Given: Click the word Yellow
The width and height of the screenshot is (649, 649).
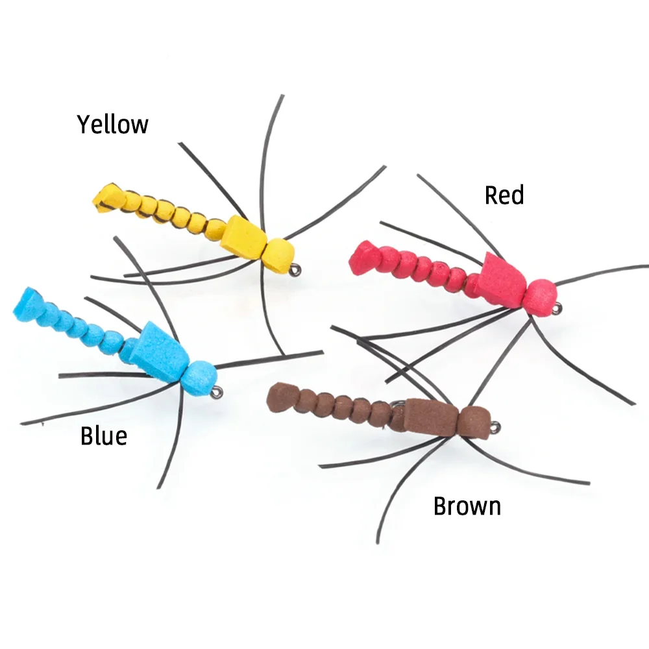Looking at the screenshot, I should (113, 124).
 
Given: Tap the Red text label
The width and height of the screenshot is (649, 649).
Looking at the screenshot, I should (504, 195).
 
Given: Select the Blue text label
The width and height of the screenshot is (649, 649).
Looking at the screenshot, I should (104, 436).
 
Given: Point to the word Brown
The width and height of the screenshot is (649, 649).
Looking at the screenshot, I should (467, 506).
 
